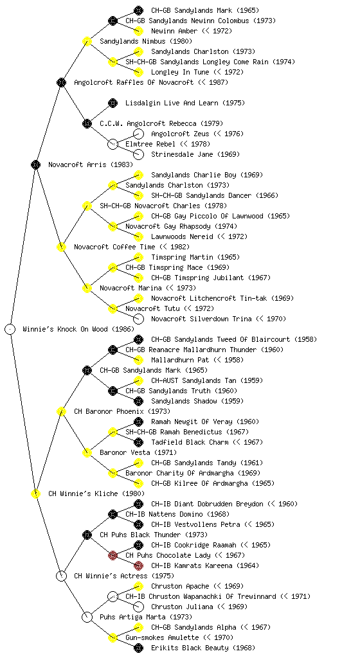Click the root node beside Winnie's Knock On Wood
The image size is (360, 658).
(x=10, y=329)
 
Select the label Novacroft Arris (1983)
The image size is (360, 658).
(x=85, y=164)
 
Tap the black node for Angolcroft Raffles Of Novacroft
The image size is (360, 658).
(x=61, y=82)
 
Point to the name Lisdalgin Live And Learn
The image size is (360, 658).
(x=172, y=103)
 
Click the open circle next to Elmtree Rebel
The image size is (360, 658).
(x=113, y=144)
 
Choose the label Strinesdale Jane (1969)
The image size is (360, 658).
(x=195, y=154)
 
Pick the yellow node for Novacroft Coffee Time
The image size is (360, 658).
(x=61, y=247)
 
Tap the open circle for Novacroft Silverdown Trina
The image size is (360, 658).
(x=138, y=319)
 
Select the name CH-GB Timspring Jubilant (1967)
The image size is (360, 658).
(x=211, y=278)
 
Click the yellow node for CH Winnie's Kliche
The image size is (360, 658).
(x=35, y=493)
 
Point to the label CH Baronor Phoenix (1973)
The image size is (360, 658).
(x=122, y=411)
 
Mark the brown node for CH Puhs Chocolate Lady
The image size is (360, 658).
(x=113, y=555)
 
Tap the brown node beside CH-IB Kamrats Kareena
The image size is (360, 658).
(x=138, y=565)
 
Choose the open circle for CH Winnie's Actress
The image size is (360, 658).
(x=61, y=576)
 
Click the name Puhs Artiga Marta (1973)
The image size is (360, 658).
(x=145, y=617)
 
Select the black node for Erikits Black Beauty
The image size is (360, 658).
(x=138, y=648)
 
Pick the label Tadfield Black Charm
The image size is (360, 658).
(x=190, y=442)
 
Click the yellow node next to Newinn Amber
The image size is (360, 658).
(x=138, y=31)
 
